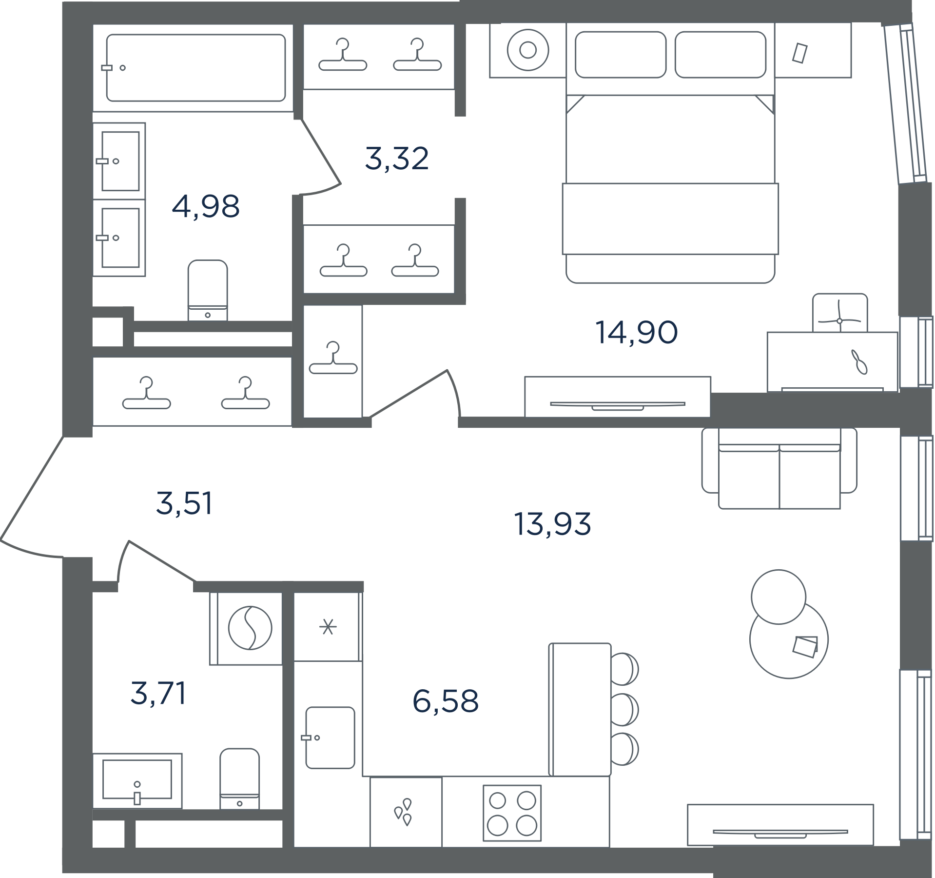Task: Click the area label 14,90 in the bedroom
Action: click(x=636, y=333)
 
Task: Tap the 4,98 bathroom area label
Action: click(x=206, y=206)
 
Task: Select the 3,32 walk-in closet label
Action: click(x=397, y=159)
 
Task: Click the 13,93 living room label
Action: click(x=552, y=524)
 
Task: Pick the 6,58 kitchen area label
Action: click(x=446, y=701)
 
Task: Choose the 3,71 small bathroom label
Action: click(x=158, y=693)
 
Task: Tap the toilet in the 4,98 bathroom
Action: click(x=208, y=290)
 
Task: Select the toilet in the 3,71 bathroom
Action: click(x=239, y=778)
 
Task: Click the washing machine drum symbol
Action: click(x=250, y=628)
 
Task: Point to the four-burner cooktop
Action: click(x=512, y=813)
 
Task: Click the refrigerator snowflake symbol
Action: click(x=328, y=627)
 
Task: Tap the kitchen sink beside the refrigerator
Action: click(x=330, y=738)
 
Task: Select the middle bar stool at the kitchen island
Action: click(x=624, y=709)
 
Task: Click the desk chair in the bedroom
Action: click(x=840, y=313)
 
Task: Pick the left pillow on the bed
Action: click(x=621, y=55)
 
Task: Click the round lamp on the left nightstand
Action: click(x=528, y=50)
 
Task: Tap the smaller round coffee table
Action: click(x=779, y=597)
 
